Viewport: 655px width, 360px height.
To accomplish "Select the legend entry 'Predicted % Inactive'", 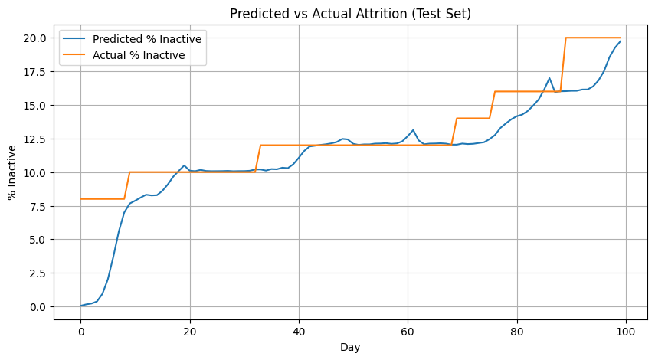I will tap(146, 39).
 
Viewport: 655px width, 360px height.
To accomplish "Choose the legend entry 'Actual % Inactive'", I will tap(138, 55).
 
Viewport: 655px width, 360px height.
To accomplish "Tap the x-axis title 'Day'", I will tap(350, 347).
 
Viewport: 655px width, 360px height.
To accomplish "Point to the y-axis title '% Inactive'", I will tap(13, 172).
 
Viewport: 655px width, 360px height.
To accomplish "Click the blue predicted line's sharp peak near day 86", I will tap(549, 78).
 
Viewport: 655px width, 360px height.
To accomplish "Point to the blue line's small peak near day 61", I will tap(413, 130).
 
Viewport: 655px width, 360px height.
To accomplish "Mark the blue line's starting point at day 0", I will tap(80, 306).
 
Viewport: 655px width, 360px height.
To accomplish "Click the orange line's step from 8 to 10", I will tap(127, 185).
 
